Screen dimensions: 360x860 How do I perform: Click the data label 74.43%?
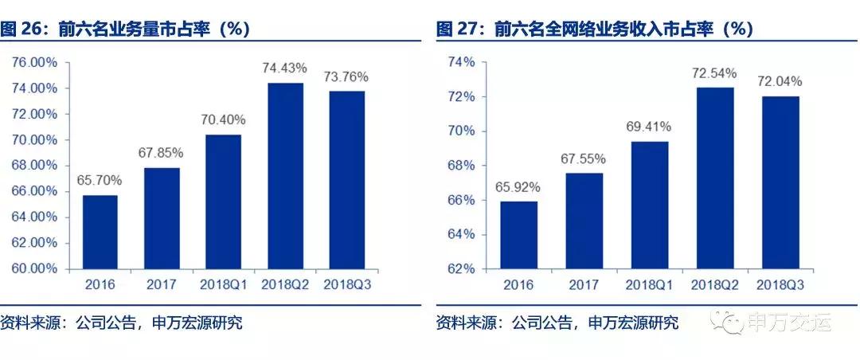coord(284,69)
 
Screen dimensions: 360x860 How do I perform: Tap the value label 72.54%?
coord(713,73)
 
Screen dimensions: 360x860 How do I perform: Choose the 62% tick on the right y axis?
coord(460,268)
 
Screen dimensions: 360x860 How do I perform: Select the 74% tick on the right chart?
coord(460,62)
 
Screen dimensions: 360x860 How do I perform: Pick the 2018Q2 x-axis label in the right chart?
coord(713,284)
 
